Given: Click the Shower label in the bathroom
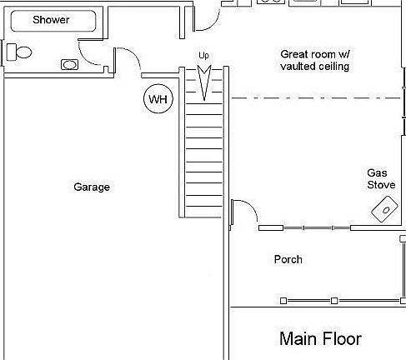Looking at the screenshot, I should (51, 20).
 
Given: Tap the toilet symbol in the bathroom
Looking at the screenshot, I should (19, 52).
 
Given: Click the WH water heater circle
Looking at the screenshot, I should (158, 99).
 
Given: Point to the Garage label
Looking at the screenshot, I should (92, 187).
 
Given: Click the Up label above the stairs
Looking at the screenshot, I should (203, 56).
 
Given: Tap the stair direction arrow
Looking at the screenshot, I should (203, 82).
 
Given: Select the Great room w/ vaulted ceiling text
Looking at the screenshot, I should (314, 60).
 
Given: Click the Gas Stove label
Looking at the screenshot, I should (376, 179).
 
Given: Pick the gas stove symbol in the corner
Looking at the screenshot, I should (384, 209).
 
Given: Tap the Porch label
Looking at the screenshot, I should (288, 260).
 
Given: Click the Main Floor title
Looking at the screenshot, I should (320, 339).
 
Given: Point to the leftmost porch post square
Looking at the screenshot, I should (283, 300).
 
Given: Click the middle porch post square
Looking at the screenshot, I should (335, 300).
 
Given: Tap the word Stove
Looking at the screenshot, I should (376, 185).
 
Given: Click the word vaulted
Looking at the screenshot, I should (297, 67).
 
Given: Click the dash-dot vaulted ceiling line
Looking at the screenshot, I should (317, 99).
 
